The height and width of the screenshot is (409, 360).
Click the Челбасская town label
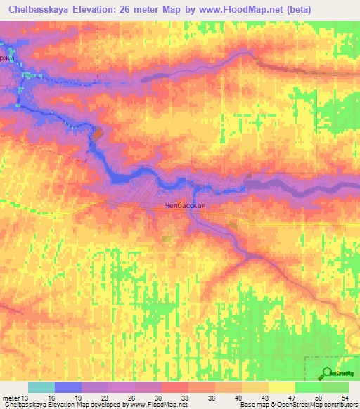(x=185, y=206)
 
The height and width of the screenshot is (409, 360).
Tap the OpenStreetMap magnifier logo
(x=328, y=373)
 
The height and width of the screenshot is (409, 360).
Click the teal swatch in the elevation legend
(x=41, y=387)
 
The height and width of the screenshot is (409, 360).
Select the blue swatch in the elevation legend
(x=68, y=387)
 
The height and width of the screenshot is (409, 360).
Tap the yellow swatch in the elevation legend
(x=281, y=387)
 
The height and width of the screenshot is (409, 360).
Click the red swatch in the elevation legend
(x=175, y=387)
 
